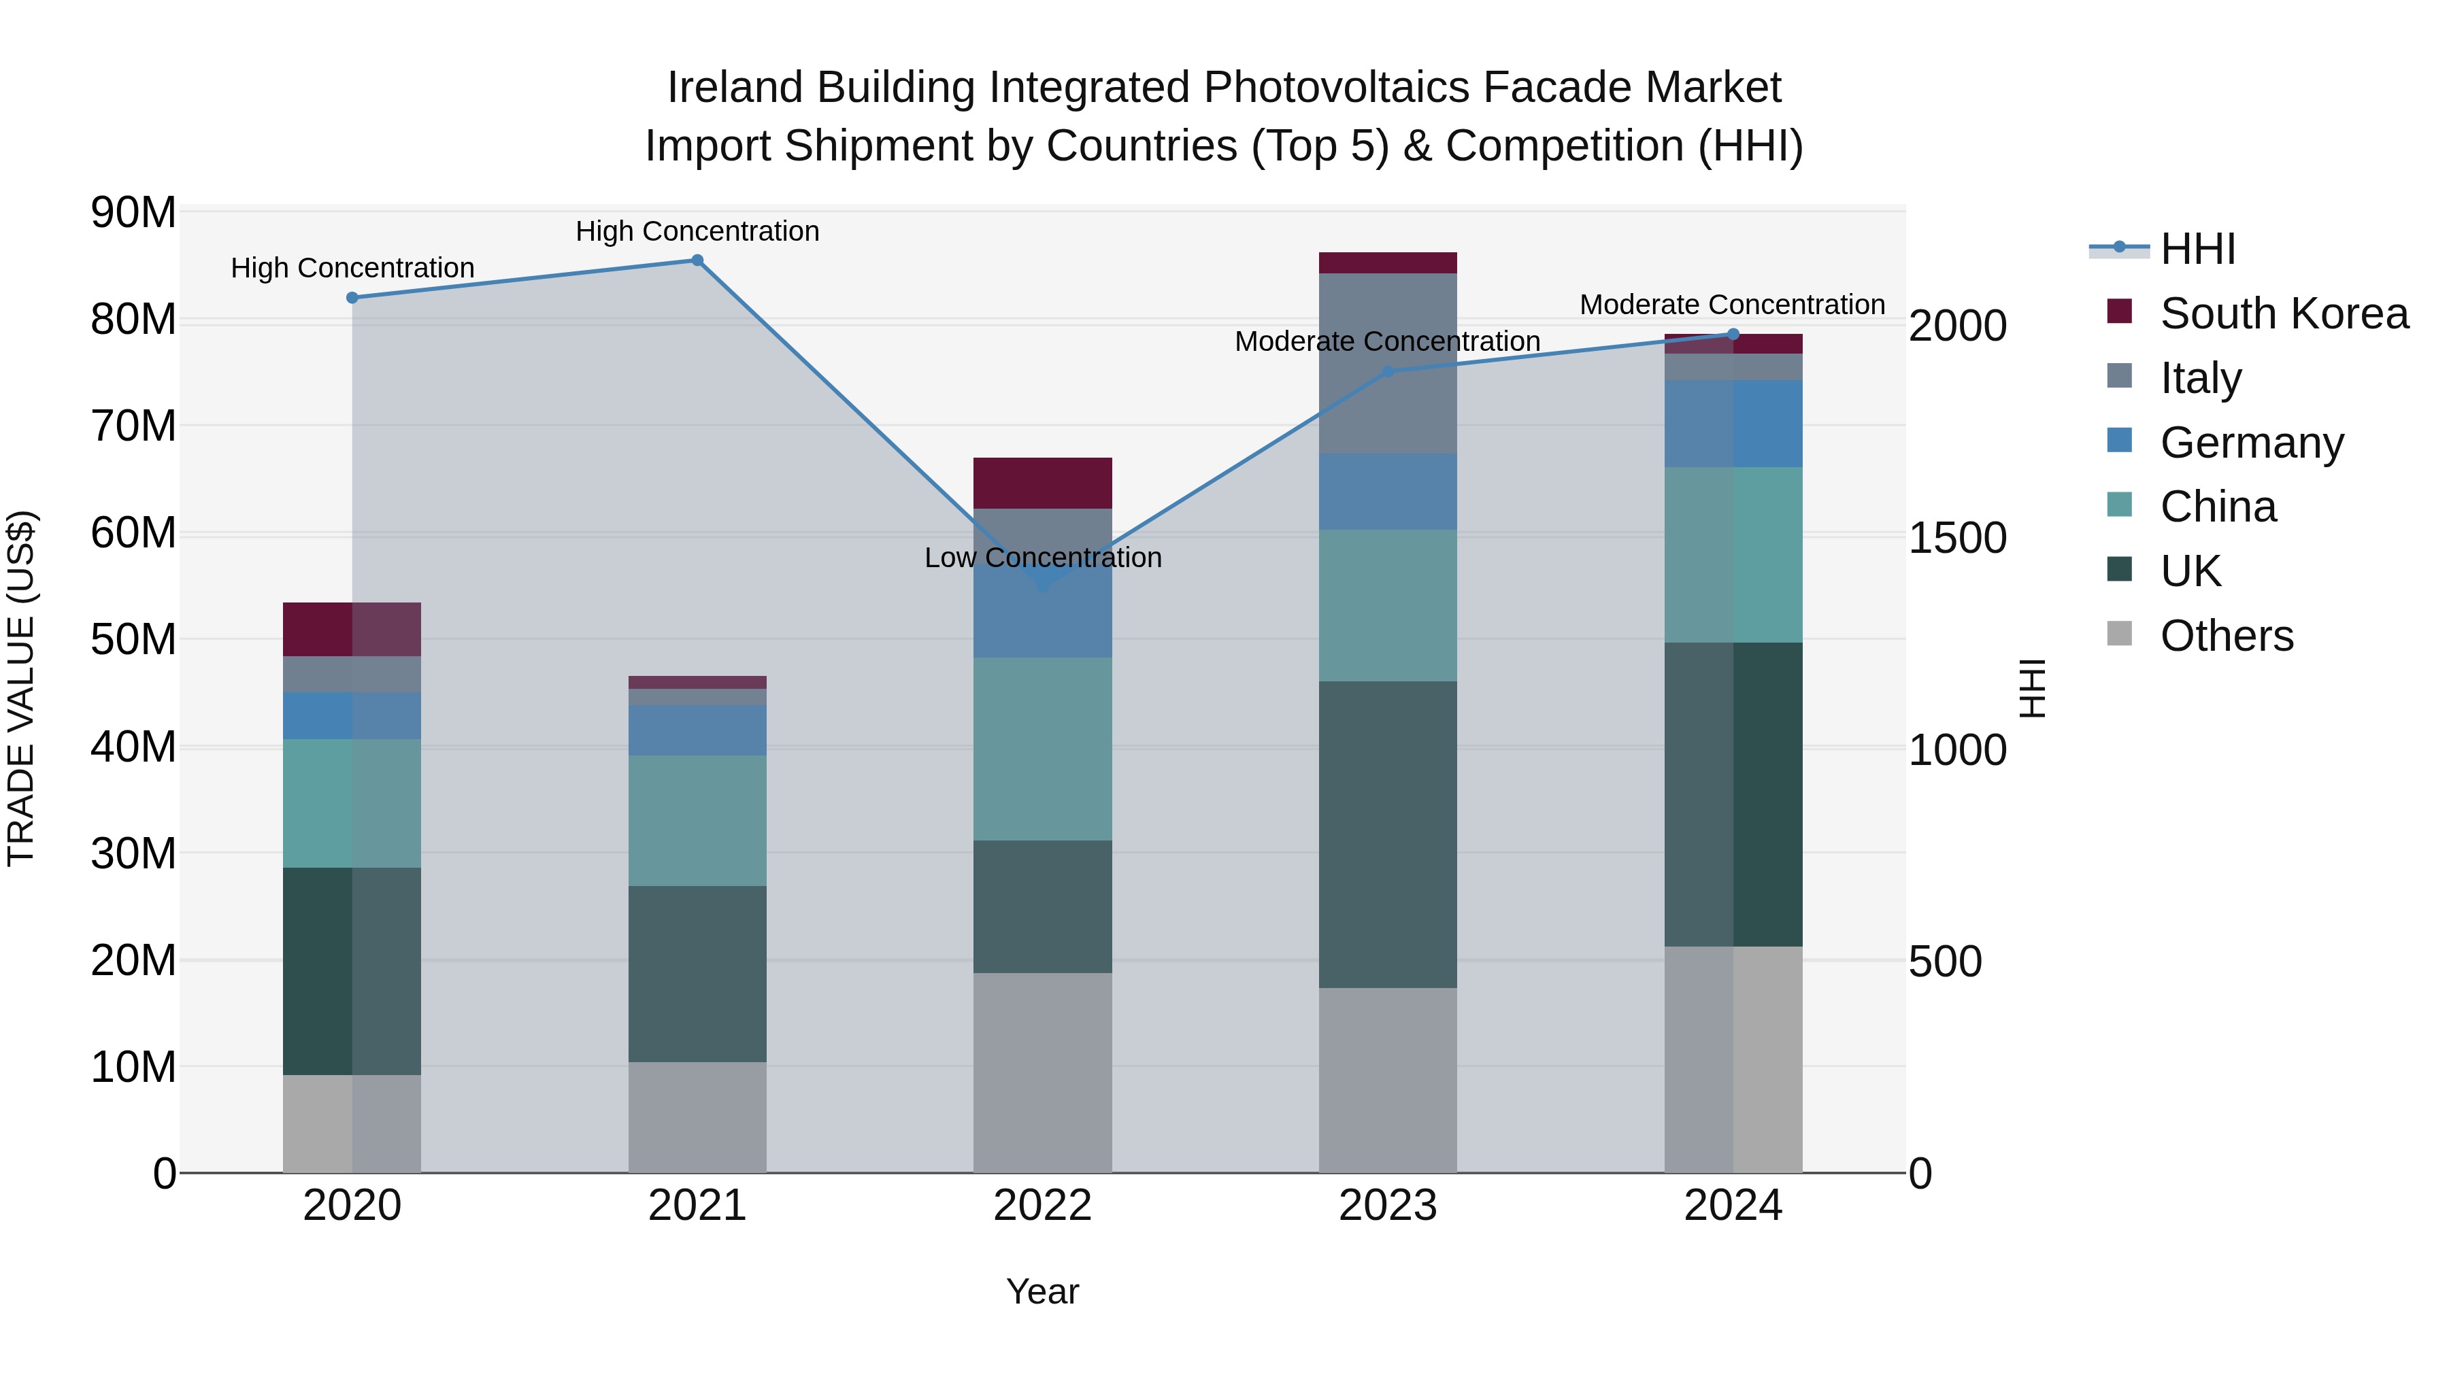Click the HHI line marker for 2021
(697, 260)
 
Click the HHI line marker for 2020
(352, 297)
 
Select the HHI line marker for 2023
(1387, 371)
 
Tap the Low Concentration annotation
(1042, 558)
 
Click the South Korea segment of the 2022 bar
(1042, 483)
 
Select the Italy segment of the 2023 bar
(1387, 363)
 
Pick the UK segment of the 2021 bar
(697, 973)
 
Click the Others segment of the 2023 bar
(1387, 1080)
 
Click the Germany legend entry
(2251, 443)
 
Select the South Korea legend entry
(2284, 313)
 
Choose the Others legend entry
(2226, 636)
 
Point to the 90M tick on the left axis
(133, 212)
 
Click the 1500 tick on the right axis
(1957, 538)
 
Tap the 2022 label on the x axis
(1042, 1206)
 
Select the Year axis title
(1042, 1291)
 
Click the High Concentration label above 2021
(697, 231)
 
